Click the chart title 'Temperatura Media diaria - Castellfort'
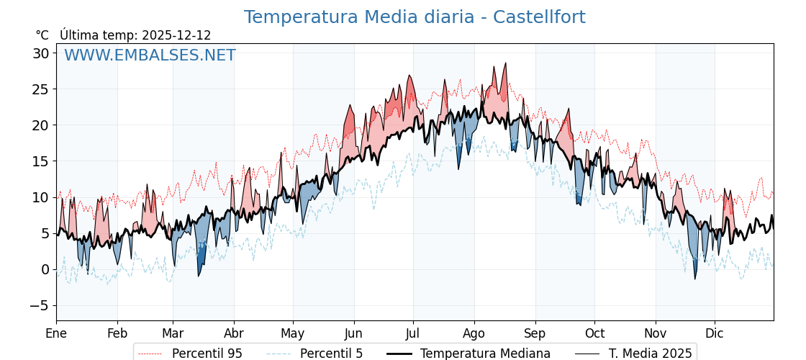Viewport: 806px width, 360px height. coord(415,17)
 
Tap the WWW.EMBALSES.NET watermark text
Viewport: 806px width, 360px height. coord(150,55)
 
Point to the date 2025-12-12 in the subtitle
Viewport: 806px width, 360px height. coord(176,35)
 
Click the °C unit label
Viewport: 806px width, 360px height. coord(42,35)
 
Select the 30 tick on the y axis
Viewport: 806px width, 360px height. coord(41,53)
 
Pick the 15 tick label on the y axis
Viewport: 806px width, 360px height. coord(41,161)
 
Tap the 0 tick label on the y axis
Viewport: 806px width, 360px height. coord(45,269)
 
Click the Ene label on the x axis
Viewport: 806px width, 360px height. coord(56,333)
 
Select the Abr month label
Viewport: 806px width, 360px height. coord(233,333)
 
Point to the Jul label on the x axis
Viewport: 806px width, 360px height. coord(413,333)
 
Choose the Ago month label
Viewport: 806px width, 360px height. coord(474,333)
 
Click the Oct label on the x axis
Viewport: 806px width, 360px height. coord(594,333)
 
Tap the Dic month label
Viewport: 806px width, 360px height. coord(715,333)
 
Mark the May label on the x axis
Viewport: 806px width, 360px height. coord(293,333)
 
